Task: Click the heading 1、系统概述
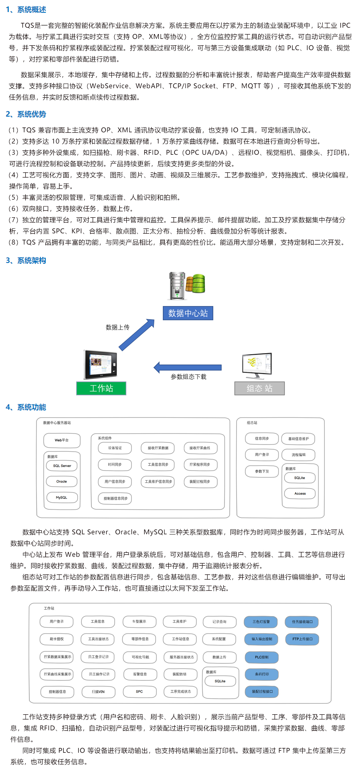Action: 26,10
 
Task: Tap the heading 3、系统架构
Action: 26,261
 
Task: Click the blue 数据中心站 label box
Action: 188,313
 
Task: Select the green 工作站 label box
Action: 101,388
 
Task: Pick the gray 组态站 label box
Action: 259,388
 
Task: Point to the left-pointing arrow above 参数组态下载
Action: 188,367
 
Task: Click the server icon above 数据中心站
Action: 187,285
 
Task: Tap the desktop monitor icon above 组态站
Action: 257,366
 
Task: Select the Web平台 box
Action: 62,441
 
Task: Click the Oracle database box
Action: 62,481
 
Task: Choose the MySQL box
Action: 62,497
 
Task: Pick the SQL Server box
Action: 62,466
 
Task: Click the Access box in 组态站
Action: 300,493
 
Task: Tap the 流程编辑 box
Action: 298,455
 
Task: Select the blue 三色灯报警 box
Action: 261,622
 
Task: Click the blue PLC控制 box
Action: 261,657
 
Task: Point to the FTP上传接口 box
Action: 302,639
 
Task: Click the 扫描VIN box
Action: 98,691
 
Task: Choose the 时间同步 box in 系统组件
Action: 115,465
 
